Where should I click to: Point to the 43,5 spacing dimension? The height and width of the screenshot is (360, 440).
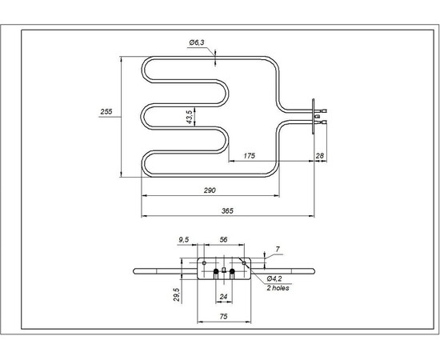[190, 117]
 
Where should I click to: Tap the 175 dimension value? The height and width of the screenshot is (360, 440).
[250, 157]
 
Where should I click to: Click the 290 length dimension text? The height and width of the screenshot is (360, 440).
[210, 190]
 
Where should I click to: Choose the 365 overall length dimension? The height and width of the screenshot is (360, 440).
[226, 210]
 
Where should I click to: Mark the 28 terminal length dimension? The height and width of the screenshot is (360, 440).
[320, 156]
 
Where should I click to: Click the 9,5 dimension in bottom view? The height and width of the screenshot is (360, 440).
[183, 239]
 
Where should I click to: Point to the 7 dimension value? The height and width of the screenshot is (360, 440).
[277, 250]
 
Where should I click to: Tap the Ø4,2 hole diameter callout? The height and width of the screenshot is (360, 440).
[276, 278]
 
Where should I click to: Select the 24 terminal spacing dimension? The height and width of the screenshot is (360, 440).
[224, 296]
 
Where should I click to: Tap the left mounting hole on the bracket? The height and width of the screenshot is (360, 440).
[205, 262]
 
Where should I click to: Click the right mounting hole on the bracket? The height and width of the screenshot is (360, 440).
[244, 262]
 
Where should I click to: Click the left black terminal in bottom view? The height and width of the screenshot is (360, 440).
[216, 273]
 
